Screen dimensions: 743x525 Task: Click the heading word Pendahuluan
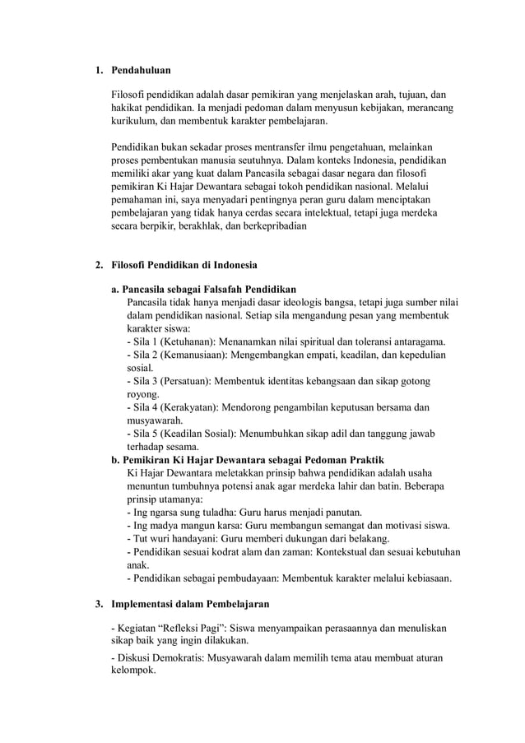click(142, 72)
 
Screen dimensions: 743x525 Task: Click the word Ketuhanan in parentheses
click(191, 341)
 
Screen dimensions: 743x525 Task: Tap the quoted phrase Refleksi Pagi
click(191, 629)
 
